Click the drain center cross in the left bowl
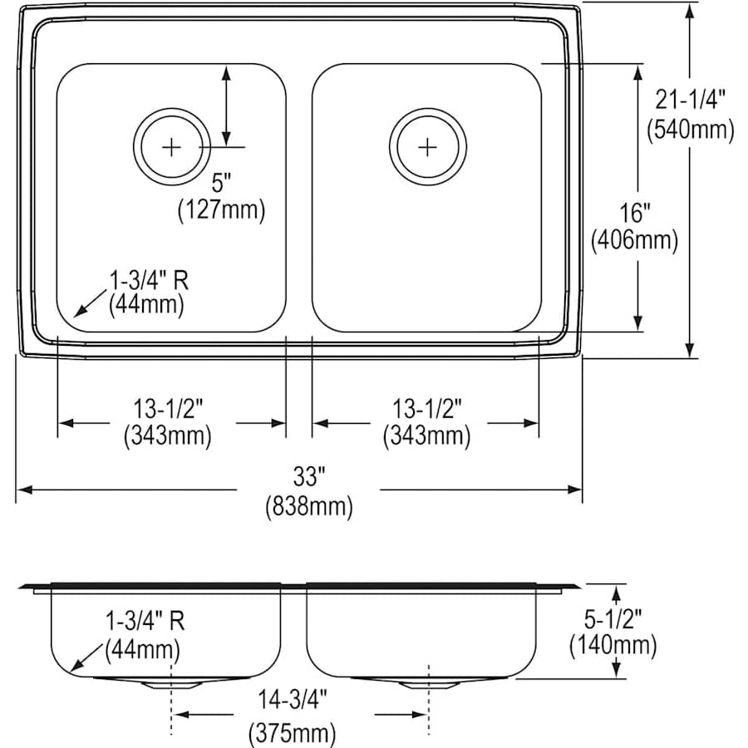coord(171,147)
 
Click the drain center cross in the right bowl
coord(426,147)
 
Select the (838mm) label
coord(308,505)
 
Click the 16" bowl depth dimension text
coord(634,212)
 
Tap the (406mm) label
coord(634,241)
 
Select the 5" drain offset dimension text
coord(221,181)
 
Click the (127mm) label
coord(221,209)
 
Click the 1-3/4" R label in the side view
coord(145,620)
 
